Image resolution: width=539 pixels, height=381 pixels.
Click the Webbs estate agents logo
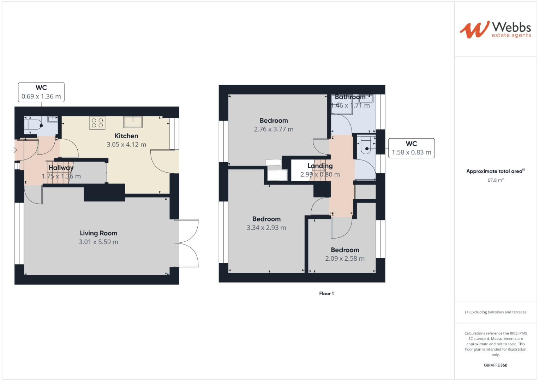[496, 29]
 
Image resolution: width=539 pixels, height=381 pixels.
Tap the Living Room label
[98, 233]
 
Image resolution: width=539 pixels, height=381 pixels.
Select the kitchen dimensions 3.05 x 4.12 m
[126, 144]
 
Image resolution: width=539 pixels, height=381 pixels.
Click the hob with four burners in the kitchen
[97, 123]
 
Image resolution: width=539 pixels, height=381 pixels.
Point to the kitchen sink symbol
[133, 122]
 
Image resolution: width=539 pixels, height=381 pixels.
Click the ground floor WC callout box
[41, 92]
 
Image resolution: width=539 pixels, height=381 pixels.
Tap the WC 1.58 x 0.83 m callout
[411, 148]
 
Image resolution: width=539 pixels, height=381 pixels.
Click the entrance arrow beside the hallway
[14, 151]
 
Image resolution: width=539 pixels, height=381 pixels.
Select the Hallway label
[61, 168]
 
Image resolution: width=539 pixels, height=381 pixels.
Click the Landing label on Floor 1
[320, 166]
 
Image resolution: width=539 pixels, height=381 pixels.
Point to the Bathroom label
[350, 97]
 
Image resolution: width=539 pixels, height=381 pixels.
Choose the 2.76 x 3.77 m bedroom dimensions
[274, 129]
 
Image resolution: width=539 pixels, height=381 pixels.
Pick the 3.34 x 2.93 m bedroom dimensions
[266, 228]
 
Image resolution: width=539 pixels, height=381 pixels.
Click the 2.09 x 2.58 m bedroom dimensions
[345, 259]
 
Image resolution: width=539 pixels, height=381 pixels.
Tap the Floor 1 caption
[327, 294]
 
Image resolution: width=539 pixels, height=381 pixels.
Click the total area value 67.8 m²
[496, 180]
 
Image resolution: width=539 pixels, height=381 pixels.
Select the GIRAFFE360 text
[496, 365]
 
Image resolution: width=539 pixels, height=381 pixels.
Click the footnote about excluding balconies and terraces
[496, 312]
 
